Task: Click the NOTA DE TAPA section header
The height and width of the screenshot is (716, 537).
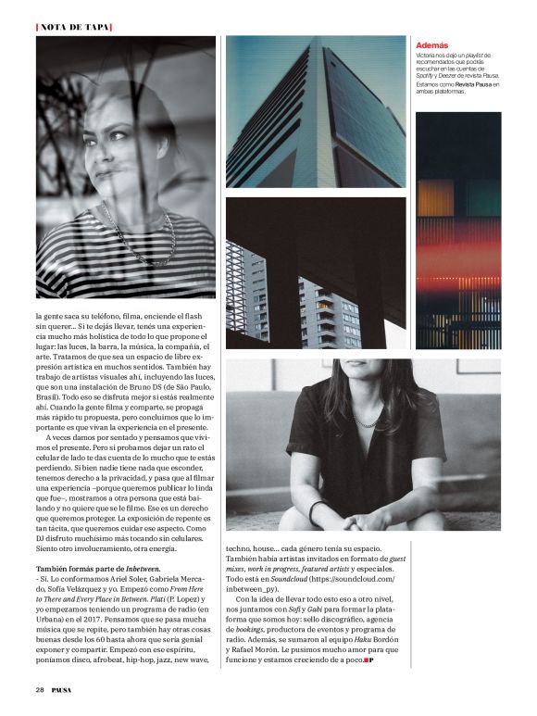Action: coord(73,26)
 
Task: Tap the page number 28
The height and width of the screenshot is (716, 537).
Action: coord(40,689)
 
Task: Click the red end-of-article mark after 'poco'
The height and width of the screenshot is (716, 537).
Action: coord(367,660)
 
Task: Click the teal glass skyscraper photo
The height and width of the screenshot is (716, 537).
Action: coord(315,111)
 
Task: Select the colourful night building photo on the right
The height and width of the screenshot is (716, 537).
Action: coord(457,232)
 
